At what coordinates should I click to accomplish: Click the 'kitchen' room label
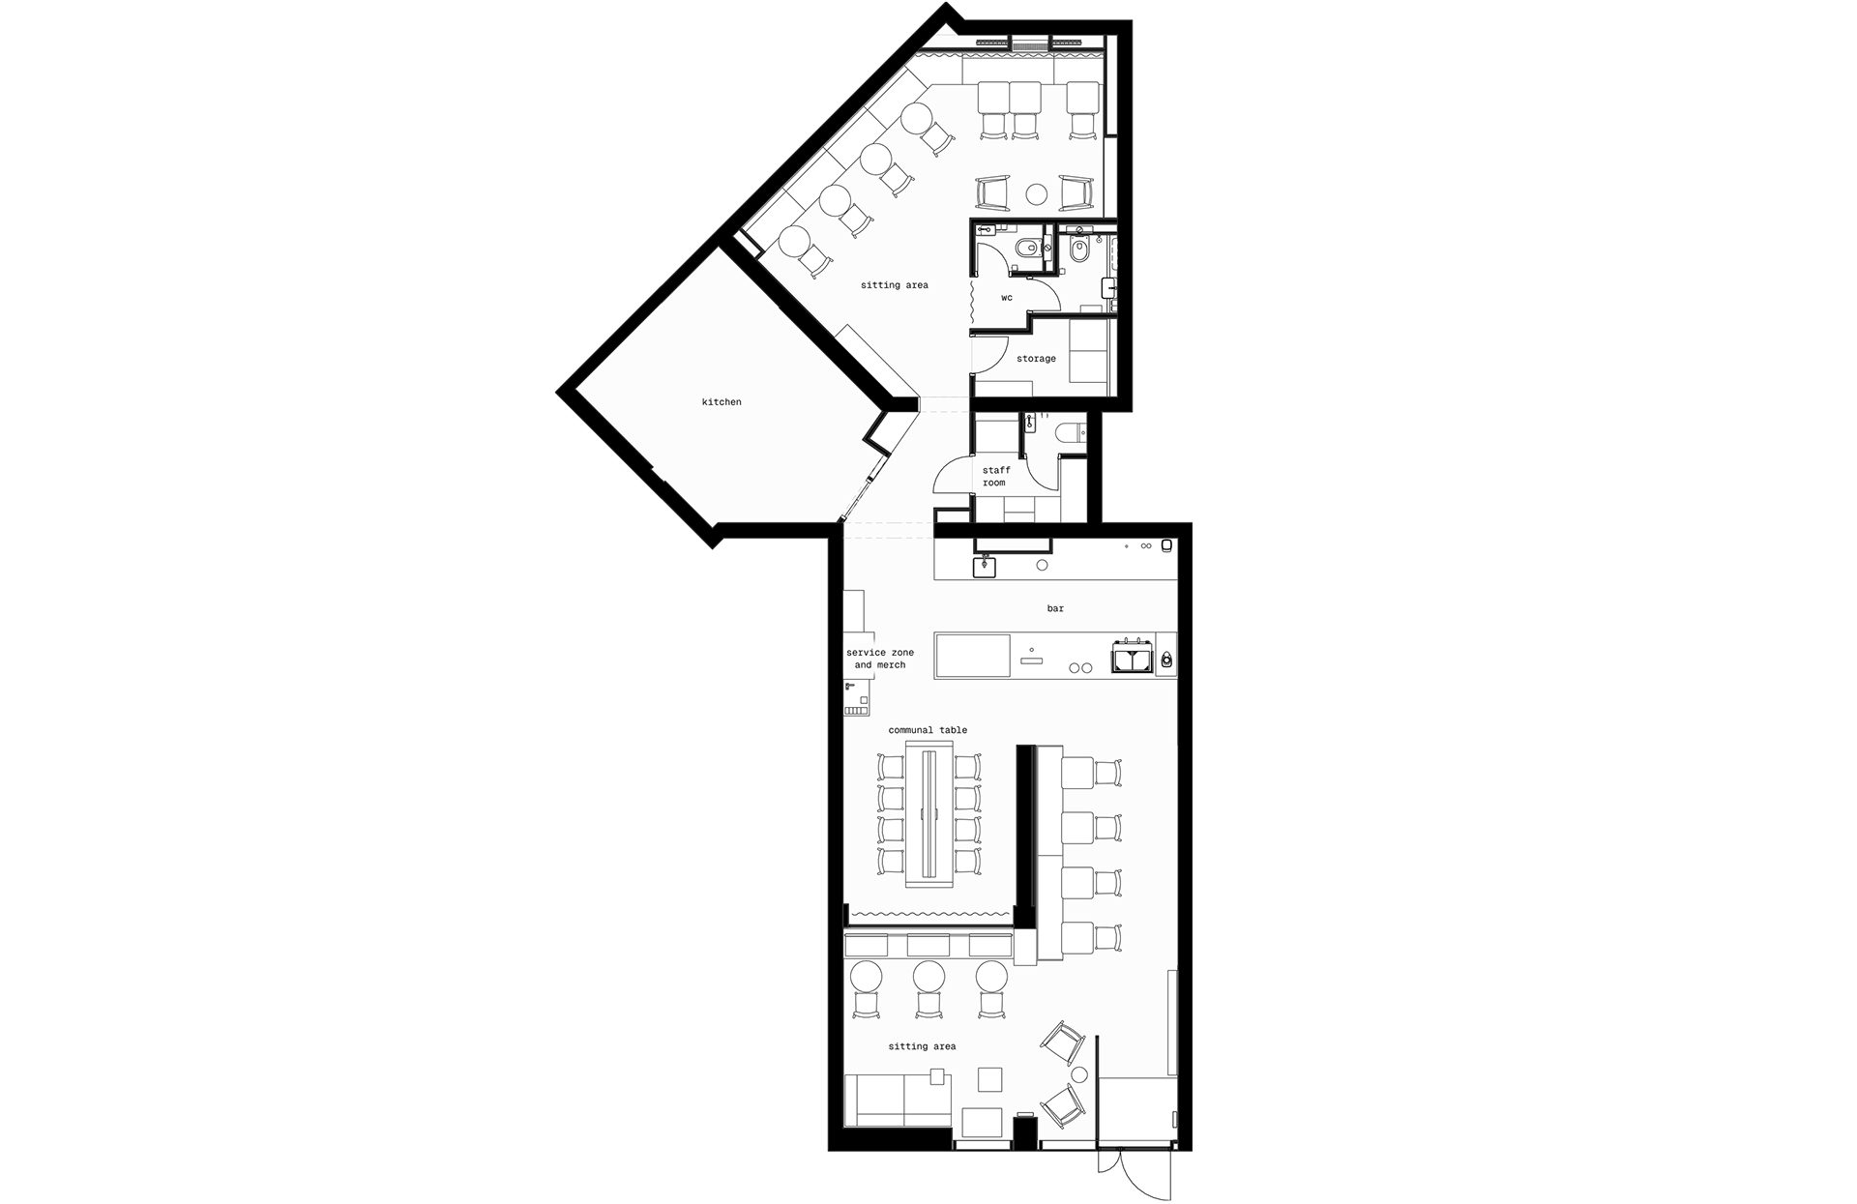coord(722,402)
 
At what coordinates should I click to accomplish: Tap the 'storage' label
coord(1036,359)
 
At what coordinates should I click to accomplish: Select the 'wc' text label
coord(1007,298)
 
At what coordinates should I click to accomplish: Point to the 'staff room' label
coord(995,477)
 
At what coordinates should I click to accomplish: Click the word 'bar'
coord(1055,608)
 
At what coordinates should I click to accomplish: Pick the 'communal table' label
coord(928,730)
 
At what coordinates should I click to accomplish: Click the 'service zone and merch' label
coord(880,659)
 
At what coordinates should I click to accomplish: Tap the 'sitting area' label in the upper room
coord(894,285)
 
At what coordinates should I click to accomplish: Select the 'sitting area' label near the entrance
coord(922,1046)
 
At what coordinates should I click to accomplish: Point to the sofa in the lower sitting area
coord(221,1101)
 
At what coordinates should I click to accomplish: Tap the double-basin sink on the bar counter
coord(1132,657)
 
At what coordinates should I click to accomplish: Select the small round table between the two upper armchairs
coord(1036,194)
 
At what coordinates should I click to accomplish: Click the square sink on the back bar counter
coord(985,565)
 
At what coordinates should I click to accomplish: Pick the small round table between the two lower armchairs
coord(1080,1075)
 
